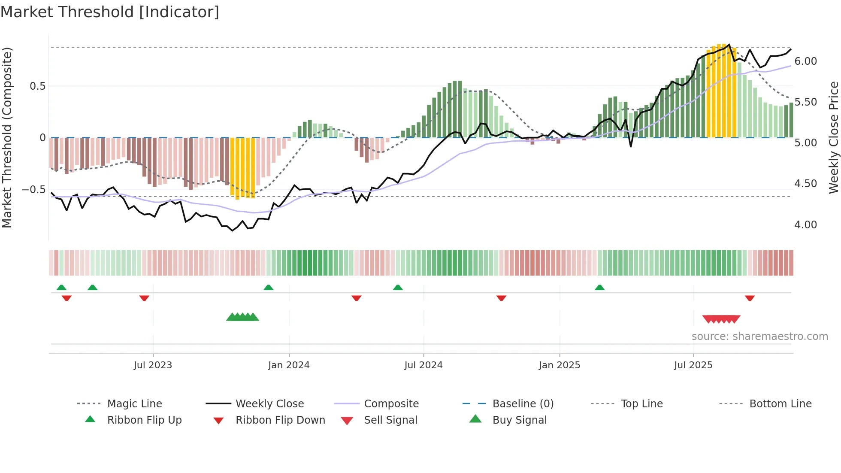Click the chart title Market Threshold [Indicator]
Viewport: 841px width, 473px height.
pos(110,12)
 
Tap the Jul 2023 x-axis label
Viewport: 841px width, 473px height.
pos(153,365)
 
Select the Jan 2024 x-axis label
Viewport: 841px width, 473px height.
pos(289,365)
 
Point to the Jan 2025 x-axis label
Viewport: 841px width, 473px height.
pos(560,365)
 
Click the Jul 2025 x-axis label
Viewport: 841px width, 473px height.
pos(693,365)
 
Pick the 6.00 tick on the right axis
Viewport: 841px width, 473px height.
pos(805,61)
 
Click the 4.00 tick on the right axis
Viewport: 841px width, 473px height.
pos(805,224)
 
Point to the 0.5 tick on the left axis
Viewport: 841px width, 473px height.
pos(37,86)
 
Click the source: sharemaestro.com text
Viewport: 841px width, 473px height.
pos(759,336)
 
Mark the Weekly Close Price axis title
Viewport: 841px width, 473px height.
pos(833,137)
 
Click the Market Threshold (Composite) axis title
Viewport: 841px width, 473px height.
pos(7,137)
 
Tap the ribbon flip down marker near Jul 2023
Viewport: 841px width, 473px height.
pos(144,298)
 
